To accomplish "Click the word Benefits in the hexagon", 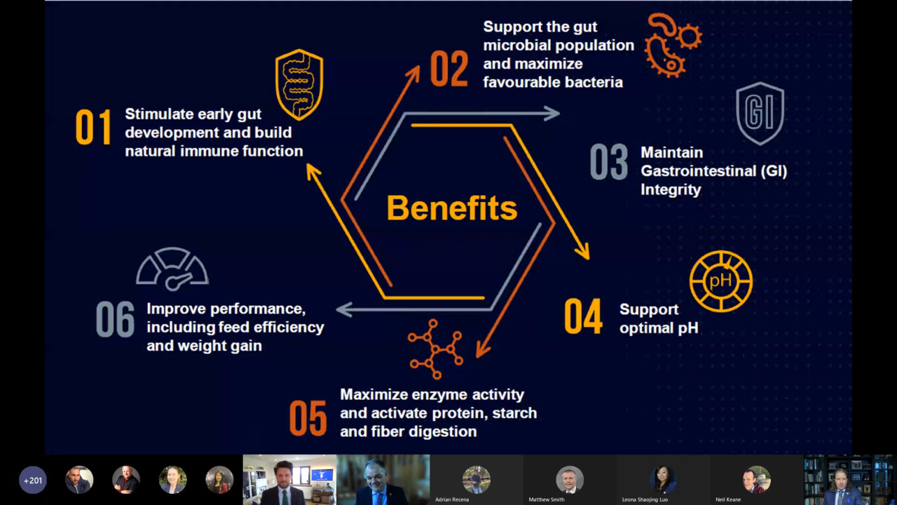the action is click(452, 208).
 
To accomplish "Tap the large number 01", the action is click(94, 127).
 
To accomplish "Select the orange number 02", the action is click(449, 69).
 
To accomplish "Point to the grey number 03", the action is click(609, 162).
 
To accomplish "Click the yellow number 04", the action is click(583, 316).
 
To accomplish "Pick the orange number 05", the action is click(308, 418).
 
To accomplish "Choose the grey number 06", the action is click(116, 319).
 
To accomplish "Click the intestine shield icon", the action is click(299, 85).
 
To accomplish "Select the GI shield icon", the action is click(760, 114).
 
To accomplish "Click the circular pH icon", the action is click(721, 281).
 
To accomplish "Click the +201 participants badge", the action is click(33, 480).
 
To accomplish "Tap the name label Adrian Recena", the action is click(452, 499).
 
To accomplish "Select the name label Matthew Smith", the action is click(546, 499).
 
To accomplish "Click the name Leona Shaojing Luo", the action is click(645, 499).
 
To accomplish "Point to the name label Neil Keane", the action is click(728, 499).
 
